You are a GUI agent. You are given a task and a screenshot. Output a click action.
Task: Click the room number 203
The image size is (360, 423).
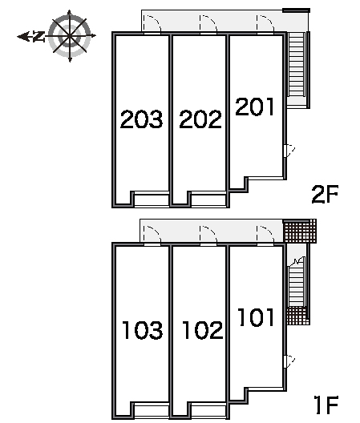click(x=142, y=119)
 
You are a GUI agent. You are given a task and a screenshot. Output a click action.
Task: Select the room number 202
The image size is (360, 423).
click(x=200, y=119)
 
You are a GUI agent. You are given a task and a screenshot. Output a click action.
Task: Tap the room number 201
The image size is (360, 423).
click(x=255, y=107)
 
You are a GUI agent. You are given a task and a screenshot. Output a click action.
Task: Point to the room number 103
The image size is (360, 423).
click(x=143, y=329)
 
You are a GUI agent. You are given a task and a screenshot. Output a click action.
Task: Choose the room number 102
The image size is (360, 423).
click(x=203, y=329)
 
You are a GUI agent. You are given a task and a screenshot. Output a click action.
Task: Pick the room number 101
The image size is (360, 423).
click(x=256, y=317)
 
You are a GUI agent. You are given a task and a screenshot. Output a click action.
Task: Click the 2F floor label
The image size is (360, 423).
click(x=325, y=194)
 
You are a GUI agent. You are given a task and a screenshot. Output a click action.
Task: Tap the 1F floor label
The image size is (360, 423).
click(x=327, y=405)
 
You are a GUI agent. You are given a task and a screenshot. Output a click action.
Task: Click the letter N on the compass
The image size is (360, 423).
click(x=39, y=36)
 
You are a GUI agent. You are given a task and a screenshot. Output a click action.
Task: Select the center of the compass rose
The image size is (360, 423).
click(x=70, y=35)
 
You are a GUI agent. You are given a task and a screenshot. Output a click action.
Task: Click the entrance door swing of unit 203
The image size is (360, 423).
click(x=152, y=24)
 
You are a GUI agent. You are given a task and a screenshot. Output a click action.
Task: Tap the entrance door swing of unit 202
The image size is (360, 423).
click(x=208, y=24)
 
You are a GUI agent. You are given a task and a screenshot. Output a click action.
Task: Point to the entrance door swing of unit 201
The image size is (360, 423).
click(x=265, y=24)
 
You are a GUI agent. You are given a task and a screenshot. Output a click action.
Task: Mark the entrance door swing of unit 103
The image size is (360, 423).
click(x=152, y=235)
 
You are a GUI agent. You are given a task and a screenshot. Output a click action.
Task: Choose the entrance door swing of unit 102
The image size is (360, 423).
click(x=208, y=235)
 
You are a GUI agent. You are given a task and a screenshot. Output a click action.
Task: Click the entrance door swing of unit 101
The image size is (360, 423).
click(x=265, y=235)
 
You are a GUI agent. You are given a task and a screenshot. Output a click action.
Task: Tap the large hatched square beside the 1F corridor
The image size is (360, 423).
click(x=300, y=231)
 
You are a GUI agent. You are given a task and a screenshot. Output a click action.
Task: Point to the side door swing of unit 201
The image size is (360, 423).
click(x=289, y=151)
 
